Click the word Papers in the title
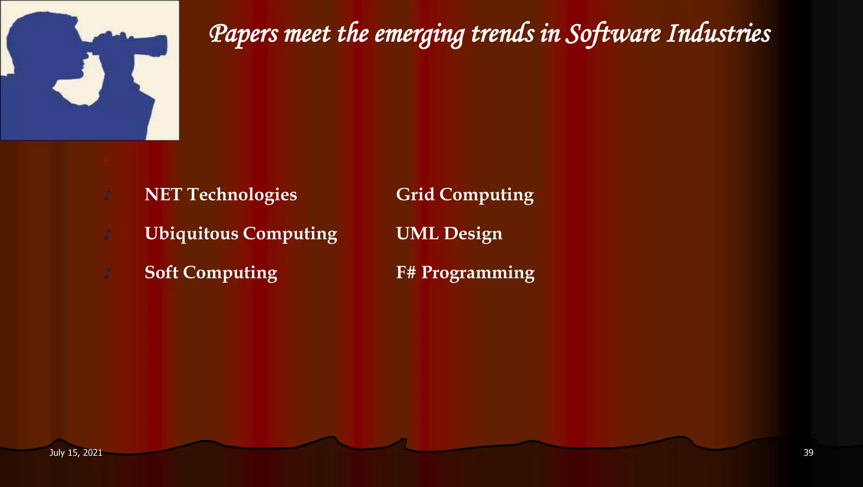[244, 34]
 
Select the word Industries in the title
[718, 34]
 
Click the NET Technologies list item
[220, 195]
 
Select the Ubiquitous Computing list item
[241, 234]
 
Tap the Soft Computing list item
[211, 273]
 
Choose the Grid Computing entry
[464, 195]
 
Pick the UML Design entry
[449, 234]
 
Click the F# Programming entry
[465, 273]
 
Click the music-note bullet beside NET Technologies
[107, 196]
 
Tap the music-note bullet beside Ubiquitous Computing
[107, 234]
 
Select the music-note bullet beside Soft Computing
[107, 274]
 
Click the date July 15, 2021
[75, 453]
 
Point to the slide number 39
[808, 453]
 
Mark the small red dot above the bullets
[106, 160]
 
